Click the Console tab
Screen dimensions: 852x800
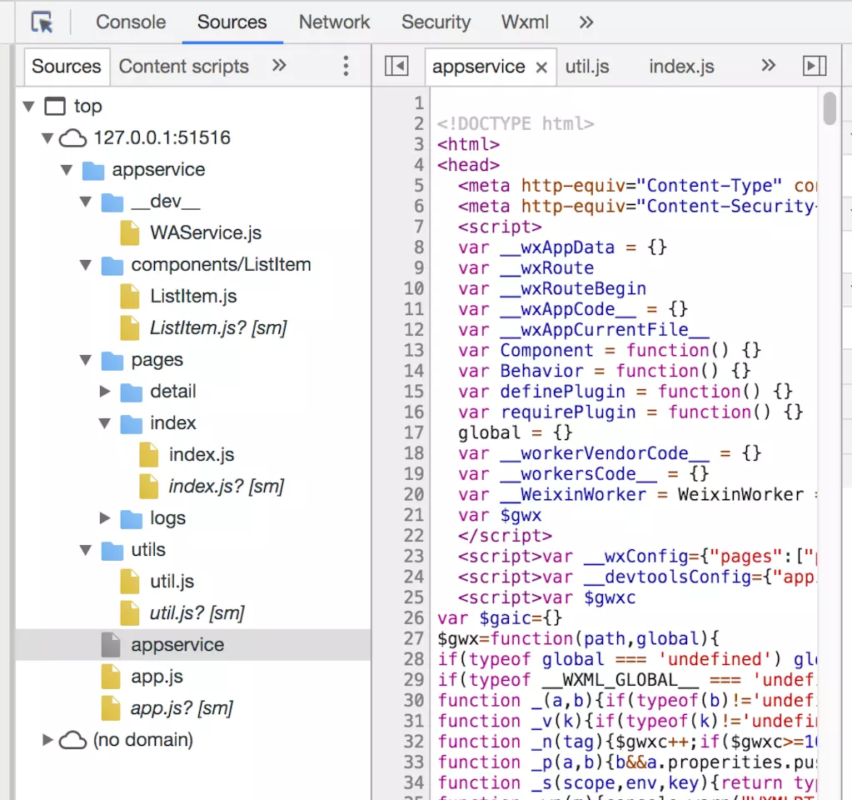(x=131, y=22)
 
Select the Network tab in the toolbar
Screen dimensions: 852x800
(x=334, y=22)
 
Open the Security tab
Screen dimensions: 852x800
(x=436, y=22)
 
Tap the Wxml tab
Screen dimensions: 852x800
(x=525, y=22)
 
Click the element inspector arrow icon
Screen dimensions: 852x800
(x=42, y=22)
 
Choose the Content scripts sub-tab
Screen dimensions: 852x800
(x=183, y=67)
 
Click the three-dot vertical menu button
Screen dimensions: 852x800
(x=346, y=67)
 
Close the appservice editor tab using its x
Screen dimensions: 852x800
(x=541, y=67)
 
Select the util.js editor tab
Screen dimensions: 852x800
(x=587, y=67)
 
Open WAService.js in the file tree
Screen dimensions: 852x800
(x=206, y=233)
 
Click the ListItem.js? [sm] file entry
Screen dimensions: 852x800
(x=218, y=328)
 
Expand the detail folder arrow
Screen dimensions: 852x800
(x=105, y=392)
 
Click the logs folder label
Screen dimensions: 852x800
(x=167, y=518)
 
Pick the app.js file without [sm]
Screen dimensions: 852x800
(x=157, y=677)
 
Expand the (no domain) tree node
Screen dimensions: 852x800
(x=48, y=740)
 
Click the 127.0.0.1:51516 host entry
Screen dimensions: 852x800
(x=162, y=138)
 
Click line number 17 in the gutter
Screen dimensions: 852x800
(x=414, y=433)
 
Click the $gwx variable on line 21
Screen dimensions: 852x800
(x=521, y=516)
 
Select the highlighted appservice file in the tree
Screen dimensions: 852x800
(x=177, y=645)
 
